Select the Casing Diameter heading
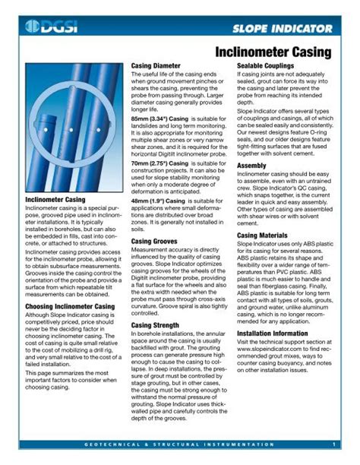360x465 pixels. pos(159,67)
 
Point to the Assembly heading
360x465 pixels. pos(252,165)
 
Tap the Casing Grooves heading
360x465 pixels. pos(155,240)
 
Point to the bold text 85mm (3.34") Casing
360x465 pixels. pos(164,119)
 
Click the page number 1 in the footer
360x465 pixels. pos(333,444)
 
